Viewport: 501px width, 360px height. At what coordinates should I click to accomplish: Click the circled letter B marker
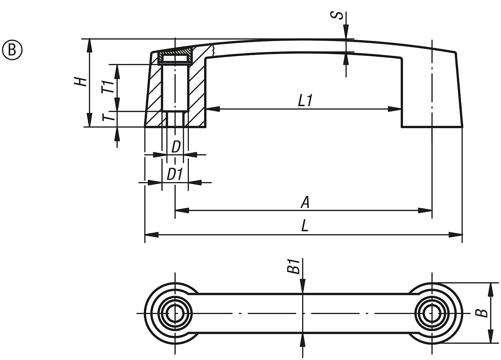click(x=13, y=49)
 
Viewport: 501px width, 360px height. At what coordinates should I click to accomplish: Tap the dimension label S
click(x=340, y=15)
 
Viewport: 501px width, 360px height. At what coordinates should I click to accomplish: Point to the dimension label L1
click(x=306, y=101)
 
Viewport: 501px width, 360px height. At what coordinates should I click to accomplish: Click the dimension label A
click(x=305, y=203)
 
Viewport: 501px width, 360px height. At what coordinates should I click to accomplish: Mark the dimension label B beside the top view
click(x=483, y=313)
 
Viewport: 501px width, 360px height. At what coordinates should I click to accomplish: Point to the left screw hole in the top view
click(x=175, y=313)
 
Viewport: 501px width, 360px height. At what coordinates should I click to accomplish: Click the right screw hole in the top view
click(x=432, y=313)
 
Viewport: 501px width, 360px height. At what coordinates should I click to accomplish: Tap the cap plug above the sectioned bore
click(x=175, y=57)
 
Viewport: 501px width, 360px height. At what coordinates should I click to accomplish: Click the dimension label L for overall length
click(x=305, y=227)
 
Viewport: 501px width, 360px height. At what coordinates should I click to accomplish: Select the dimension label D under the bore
click(x=176, y=147)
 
